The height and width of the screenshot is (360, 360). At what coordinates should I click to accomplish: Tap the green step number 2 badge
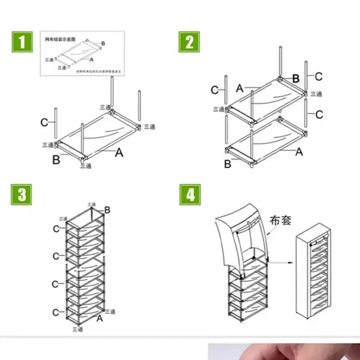tap(189, 42)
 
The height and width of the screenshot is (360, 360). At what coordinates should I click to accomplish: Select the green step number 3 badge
tap(22, 195)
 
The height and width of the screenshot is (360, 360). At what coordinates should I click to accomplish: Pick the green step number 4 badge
tap(189, 195)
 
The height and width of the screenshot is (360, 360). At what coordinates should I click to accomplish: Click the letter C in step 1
tap(43, 122)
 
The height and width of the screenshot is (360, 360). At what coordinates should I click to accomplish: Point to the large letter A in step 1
tap(119, 153)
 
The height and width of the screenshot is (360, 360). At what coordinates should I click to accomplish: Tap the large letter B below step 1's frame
tap(56, 159)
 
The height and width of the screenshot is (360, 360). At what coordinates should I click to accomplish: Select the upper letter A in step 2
tap(240, 87)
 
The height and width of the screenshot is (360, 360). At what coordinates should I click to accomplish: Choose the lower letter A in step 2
tap(299, 152)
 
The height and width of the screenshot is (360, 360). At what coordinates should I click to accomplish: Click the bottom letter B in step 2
tap(228, 163)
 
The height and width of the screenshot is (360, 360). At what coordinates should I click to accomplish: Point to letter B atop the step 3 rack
tap(106, 211)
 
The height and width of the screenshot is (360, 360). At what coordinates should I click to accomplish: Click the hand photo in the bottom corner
tap(284, 351)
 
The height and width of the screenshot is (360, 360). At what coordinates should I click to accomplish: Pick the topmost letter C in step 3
tap(57, 230)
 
